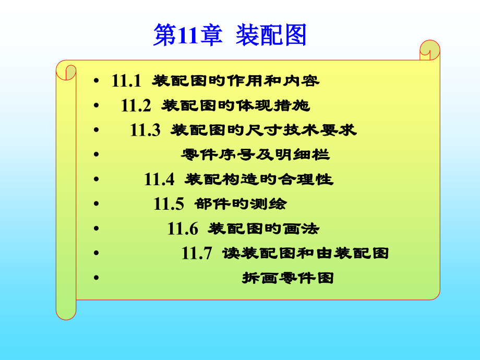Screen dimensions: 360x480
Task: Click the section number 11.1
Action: [126, 81]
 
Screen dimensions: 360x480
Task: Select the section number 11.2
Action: [136, 106]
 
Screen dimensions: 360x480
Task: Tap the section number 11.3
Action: [145, 130]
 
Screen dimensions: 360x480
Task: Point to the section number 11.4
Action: [159, 179]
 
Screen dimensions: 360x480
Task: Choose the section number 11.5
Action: [169, 204]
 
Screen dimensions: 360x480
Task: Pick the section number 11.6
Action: [183, 229]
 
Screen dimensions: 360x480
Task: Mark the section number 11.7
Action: [197, 254]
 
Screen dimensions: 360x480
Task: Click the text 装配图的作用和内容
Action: [235, 81]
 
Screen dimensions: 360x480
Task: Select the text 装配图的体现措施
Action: [236, 106]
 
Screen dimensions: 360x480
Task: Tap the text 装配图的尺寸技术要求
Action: [263, 130]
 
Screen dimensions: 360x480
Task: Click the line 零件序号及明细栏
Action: [255, 155]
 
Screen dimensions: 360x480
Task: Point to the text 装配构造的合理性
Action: [259, 179]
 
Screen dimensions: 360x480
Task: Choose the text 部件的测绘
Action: [240, 204]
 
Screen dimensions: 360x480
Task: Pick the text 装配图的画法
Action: [263, 229]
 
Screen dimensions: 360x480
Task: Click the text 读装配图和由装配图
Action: [305, 254]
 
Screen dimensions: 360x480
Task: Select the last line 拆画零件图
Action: [287, 278]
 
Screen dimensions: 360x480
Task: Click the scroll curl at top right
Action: [429, 50]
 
